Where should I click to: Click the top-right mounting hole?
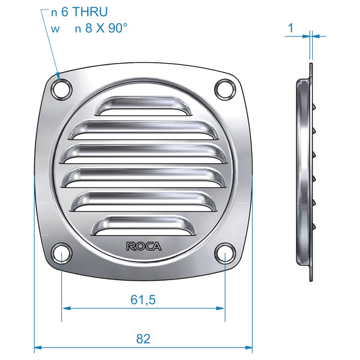coord(224,88)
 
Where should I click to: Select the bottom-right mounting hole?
coord(224,252)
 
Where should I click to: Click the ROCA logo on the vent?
coord(143,245)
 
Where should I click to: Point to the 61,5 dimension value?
coord(143,298)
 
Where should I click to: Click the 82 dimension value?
coord(143,338)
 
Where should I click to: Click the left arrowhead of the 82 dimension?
coord(37,347)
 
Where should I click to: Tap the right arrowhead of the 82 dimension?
coord(249,347)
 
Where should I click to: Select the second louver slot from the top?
coord(143,128)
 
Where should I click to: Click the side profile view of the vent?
coord(305,171)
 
